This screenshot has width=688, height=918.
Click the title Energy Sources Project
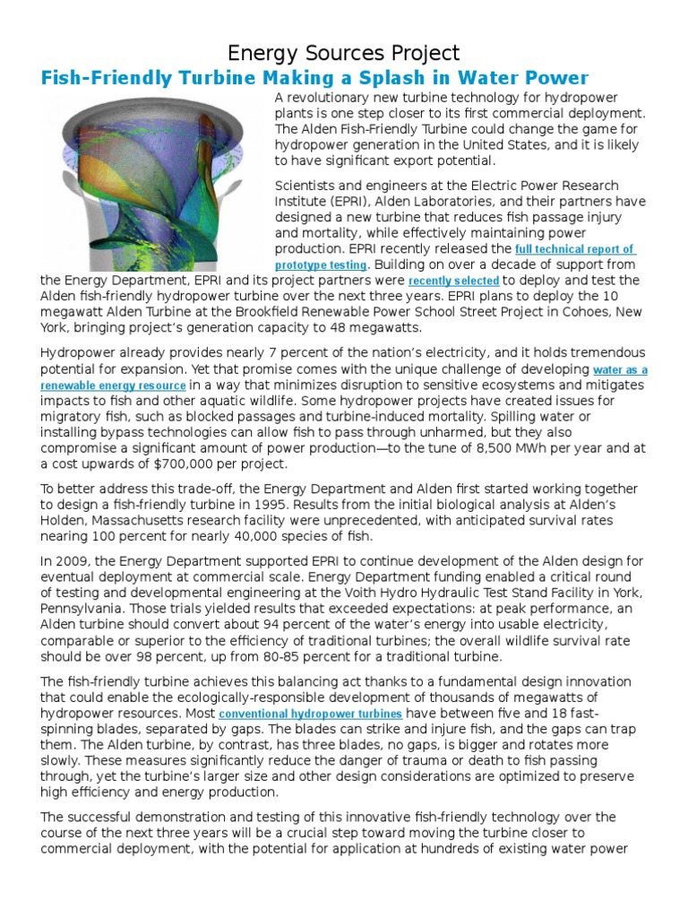pyautogui.click(x=344, y=53)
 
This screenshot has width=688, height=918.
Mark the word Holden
pyautogui.click(x=63, y=521)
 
